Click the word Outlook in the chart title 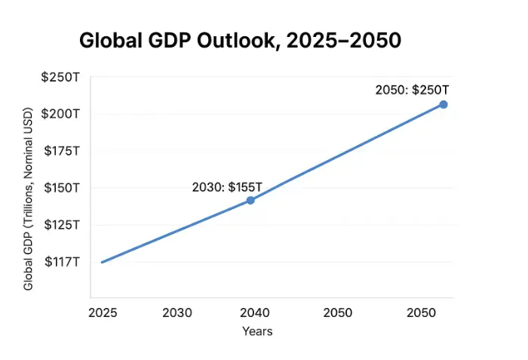point(244,42)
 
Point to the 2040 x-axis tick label point(256,312)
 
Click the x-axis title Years point(257,331)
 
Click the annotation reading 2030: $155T point(226,186)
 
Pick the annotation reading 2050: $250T point(413,90)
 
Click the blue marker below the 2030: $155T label point(250,200)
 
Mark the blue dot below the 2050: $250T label point(444,104)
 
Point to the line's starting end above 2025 point(102,262)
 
